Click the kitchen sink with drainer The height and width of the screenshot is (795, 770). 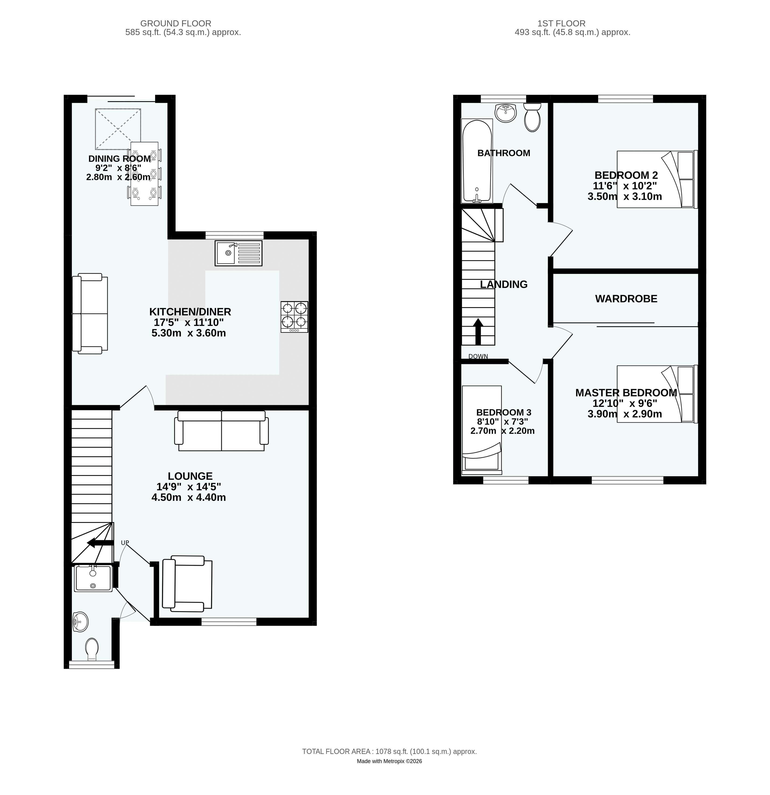(238, 253)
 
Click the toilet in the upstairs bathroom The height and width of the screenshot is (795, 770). (532, 117)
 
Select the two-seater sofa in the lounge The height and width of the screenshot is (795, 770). (221, 431)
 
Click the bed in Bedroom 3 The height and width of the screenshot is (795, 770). (482, 430)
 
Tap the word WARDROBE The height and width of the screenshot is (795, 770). (626, 299)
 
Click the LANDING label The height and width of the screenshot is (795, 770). (504, 284)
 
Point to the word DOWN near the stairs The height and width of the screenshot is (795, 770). (478, 357)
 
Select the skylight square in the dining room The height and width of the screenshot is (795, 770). (118, 129)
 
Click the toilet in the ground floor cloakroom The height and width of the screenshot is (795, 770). (92, 649)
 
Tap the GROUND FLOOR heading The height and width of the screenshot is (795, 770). (176, 24)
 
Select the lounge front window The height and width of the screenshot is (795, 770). (229, 621)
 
